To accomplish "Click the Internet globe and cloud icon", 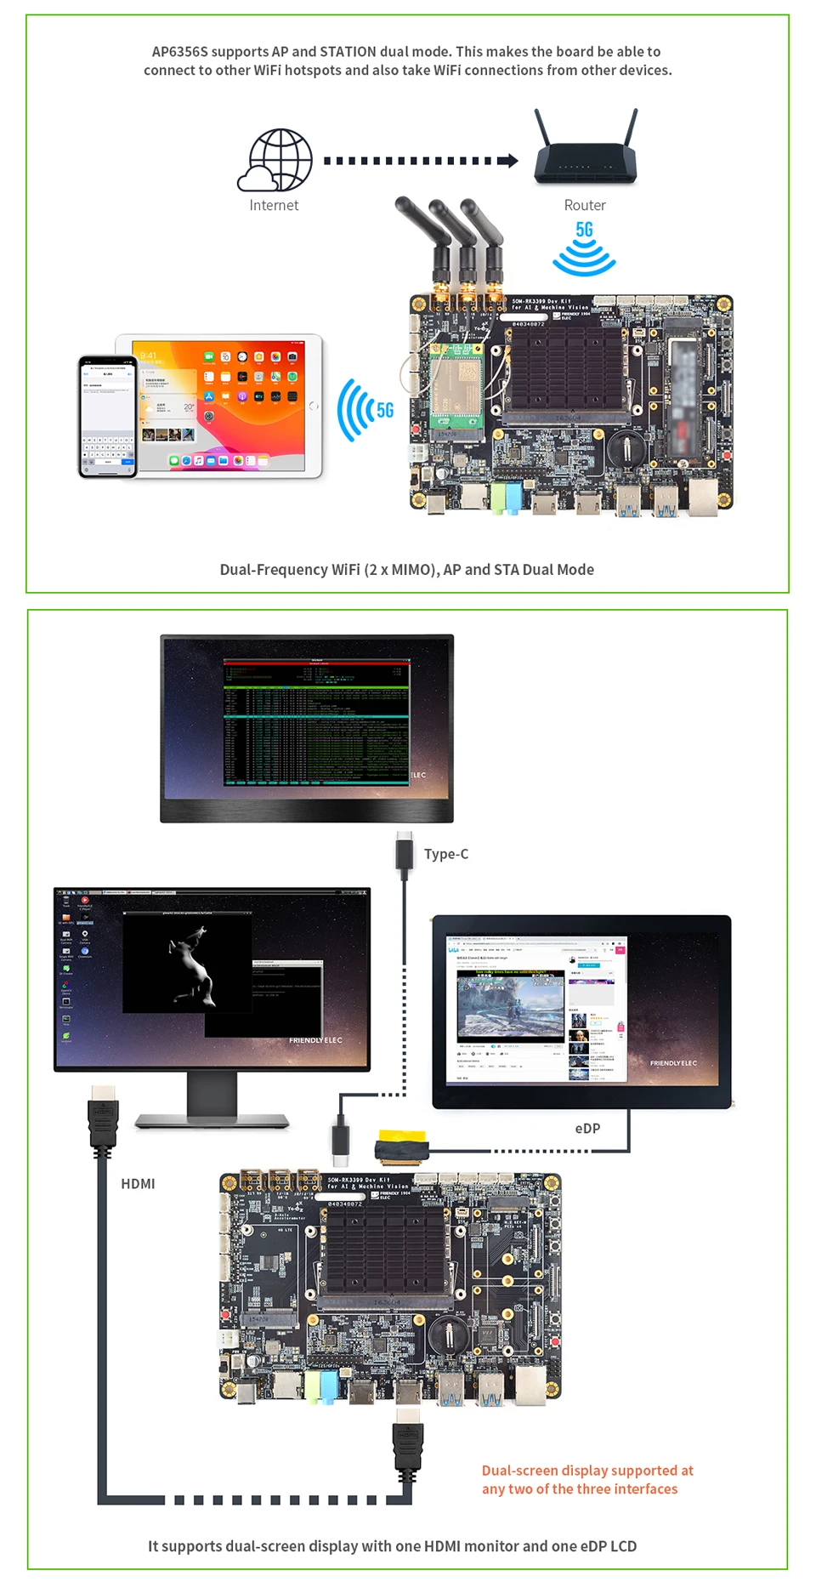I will pyautogui.click(x=275, y=160).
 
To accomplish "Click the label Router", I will pyautogui.click(x=585, y=205).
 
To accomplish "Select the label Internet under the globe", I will pyautogui.click(x=274, y=205).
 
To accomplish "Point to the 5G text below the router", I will pyautogui.click(x=584, y=230).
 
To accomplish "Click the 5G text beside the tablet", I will pyautogui.click(x=385, y=411).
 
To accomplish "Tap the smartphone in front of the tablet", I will pyautogui.click(x=108, y=417).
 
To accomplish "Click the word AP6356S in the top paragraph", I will pyautogui.click(x=179, y=52).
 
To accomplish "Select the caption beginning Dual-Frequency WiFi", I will pyautogui.click(x=406, y=570).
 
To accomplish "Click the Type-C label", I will pyautogui.click(x=446, y=854).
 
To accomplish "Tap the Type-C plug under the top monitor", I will pyautogui.click(x=405, y=851).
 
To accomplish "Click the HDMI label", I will pyautogui.click(x=138, y=1184).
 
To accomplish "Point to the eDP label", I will pyautogui.click(x=587, y=1129).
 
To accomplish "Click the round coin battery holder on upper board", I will pyautogui.click(x=630, y=445).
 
